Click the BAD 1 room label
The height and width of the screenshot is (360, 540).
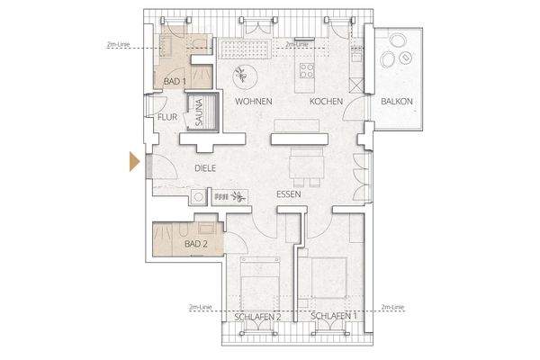tap(175, 82)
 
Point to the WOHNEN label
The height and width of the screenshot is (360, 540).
tap(254, 103)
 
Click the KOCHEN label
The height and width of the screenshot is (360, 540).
tap(326, 103)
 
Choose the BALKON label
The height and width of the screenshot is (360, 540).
tap(397, 102)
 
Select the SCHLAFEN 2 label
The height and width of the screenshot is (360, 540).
tap(259, 318)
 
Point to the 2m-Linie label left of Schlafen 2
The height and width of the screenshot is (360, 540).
tap(200, 307)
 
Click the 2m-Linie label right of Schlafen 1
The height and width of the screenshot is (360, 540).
tap(393, 307)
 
